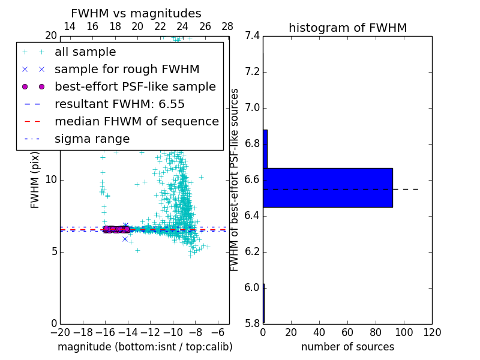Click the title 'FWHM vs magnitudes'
click(x=136, y=13)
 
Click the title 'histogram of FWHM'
click(x=347, y=28)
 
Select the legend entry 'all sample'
click(x=85, y=52)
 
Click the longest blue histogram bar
click(x=328, y=188)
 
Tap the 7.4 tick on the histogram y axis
click(x=252, y=36)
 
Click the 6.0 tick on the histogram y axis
click(x=252, y=287)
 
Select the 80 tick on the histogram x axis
click(x=376, y=332)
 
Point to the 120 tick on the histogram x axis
click(x=432, y=332)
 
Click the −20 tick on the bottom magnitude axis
click(x=60, y=332)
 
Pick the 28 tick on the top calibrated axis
click(x=227, y=26)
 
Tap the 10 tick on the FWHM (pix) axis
click(x=52, y=180)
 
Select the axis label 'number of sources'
click(x=347, y=347)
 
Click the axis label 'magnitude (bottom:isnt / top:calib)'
click(x=145, y=347)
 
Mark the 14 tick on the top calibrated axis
click(x=70, y=26)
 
